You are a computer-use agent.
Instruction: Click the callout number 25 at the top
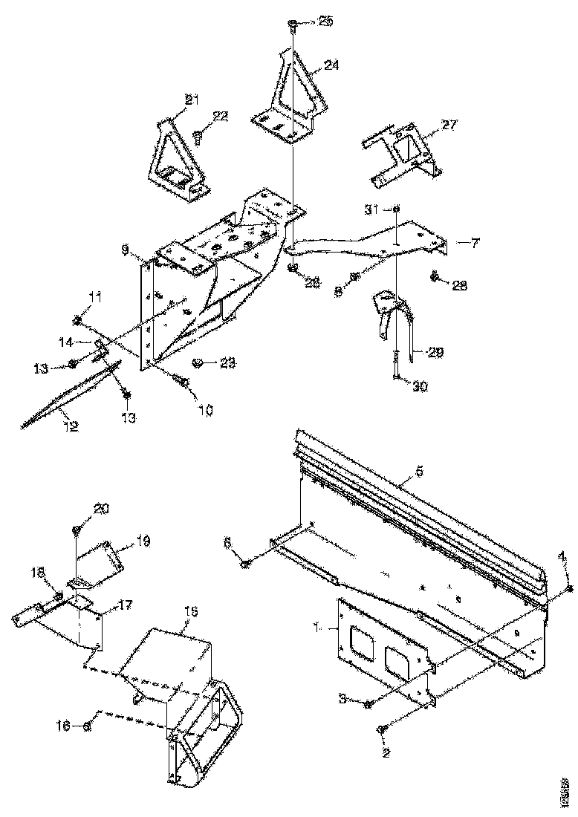point(325,22)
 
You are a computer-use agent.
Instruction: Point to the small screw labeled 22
point(199,137)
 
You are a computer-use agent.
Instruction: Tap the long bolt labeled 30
point(397,365)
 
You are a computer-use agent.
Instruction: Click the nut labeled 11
point(77,320)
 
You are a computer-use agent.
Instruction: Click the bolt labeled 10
point(181,381)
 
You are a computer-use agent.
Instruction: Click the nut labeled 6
point(246,566)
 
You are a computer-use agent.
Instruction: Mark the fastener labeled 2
point(381,730)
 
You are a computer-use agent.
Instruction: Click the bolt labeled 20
point(77,530)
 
